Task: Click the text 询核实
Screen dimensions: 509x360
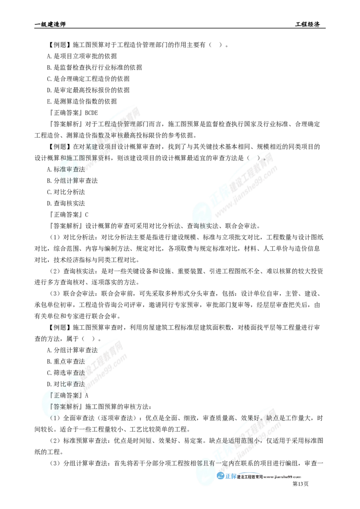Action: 201,226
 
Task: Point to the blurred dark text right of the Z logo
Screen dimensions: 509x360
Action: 270,477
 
